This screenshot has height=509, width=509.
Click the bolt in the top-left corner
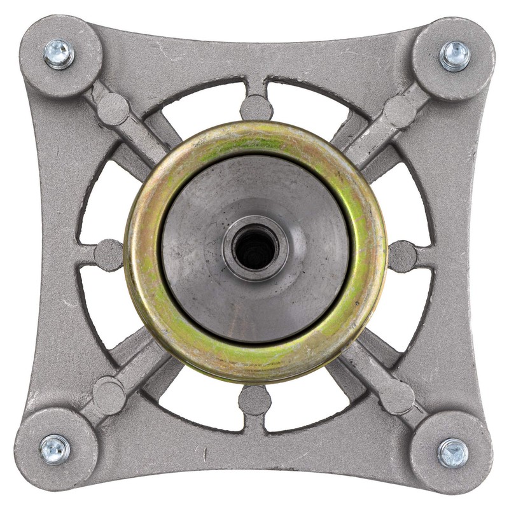pyautogui.click(x=59, y=54)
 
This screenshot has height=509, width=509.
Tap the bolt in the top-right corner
pyautogui.click(x=454, y=55)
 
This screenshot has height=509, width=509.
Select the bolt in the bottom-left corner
pyautogui.click(x=55, y=449)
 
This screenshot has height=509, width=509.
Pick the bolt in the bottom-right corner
pyautogui.click(x=453, y=452)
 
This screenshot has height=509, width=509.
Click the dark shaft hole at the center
pyautogui.click(x=254, y=248)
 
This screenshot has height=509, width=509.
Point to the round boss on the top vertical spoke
pyautogui.click(x=256, y=107)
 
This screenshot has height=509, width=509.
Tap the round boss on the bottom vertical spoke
pyautogui.click(x=255, y=400)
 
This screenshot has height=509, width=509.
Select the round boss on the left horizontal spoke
pyautogui.click(x=109, y=254)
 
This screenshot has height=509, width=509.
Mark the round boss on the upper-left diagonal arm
pyautogui.click(x=113, y=109)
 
